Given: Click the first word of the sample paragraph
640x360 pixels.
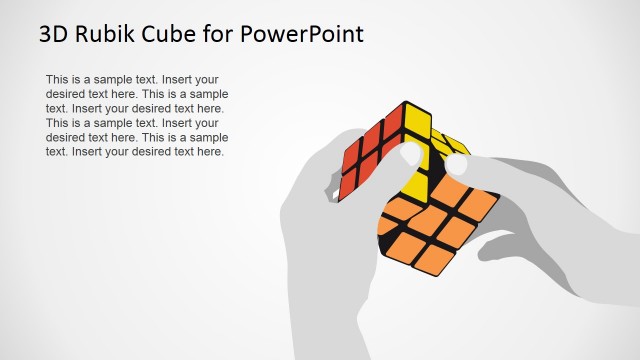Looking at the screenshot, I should pyautogui.click(x=59, y=79).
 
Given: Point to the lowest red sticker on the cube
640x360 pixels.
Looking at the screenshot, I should pyautogui.click(x=353, y=186).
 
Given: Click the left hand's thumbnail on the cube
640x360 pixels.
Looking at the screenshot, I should pyautogui.click(x=410, y=155).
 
